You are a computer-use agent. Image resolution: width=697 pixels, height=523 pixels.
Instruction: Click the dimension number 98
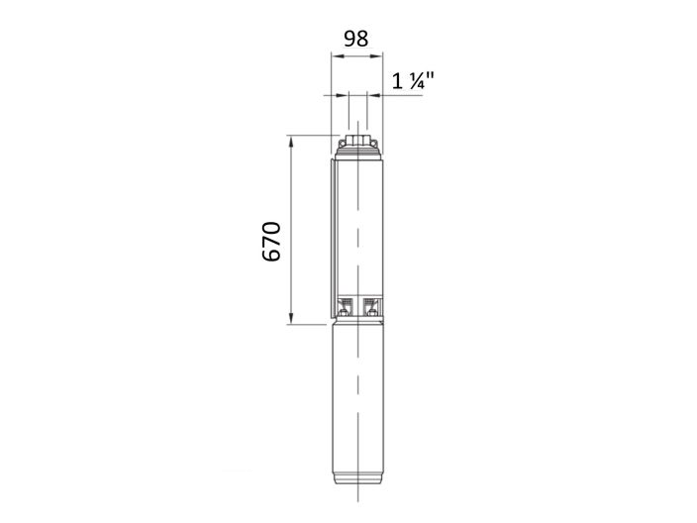pos(355,39)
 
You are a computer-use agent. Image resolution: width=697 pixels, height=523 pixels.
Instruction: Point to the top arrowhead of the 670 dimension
pos(291,140)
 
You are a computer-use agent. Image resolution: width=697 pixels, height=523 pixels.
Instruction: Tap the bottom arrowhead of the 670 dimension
pos(291,318)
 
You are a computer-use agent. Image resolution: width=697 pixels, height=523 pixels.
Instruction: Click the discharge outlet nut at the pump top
pos(356,139)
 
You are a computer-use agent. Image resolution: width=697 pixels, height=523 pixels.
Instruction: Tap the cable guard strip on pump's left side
pos(333,238)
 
